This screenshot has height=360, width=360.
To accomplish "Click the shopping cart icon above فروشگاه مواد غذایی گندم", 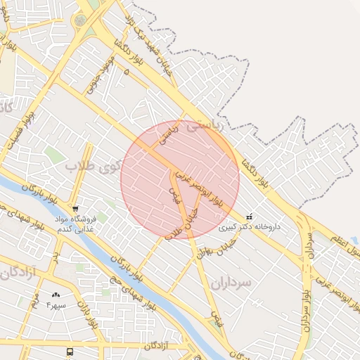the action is pos(75,209).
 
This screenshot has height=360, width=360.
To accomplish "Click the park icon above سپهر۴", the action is pos(56,295).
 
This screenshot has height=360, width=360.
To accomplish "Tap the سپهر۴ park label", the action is pos(56,306).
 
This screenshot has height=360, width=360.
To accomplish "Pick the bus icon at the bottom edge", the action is pos(70,352).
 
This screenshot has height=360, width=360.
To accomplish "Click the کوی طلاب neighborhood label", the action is pos(92,167).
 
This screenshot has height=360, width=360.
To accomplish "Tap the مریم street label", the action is pos(32,304).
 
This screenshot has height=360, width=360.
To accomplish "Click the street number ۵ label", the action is pos(126,72).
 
